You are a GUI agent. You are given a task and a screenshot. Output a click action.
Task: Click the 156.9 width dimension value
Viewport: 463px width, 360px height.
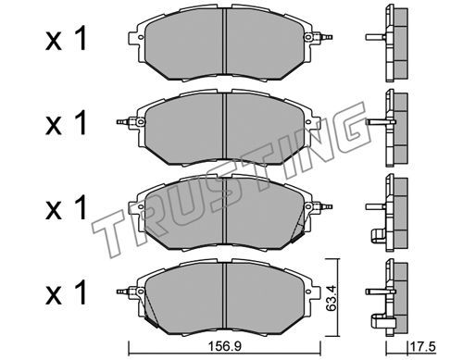224,347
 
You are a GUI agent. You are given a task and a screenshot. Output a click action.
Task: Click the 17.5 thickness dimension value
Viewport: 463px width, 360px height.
422,347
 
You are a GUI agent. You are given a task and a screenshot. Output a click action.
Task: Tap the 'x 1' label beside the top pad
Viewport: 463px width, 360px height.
66,40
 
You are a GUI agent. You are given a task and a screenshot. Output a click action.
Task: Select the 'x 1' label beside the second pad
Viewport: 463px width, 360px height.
66,124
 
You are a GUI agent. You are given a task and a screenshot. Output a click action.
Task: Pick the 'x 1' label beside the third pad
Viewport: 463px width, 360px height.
66,209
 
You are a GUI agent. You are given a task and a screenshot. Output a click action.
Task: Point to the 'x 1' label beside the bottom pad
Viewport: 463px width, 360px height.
66,293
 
